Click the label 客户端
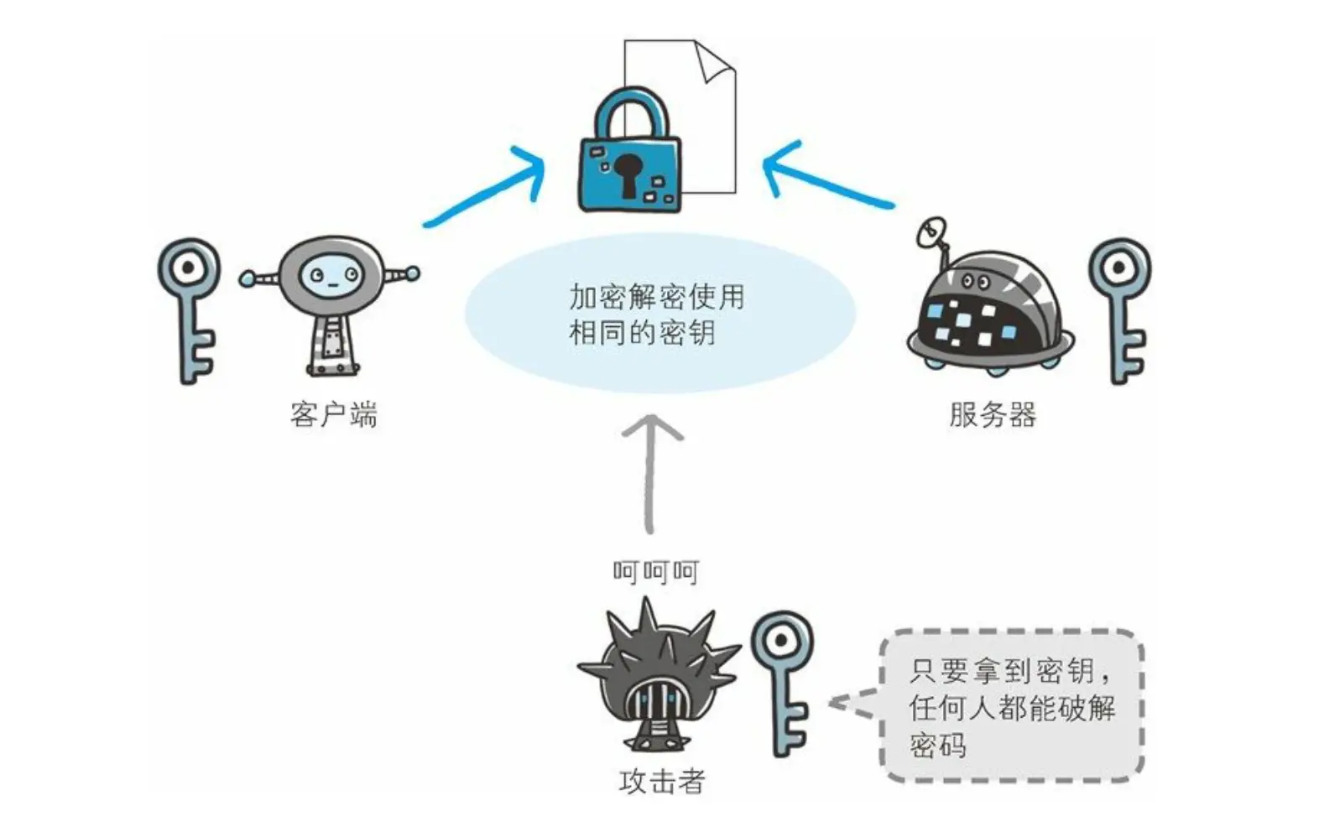pos(334,414)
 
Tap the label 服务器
pos(993,414)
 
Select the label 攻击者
pos(662,782)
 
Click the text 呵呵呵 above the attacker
pos(655,572)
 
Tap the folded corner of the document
pos(714,60)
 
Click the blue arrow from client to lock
pos(487,189)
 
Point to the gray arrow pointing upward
pos(651,474)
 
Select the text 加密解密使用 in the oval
pos(657,297)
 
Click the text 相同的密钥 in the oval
pos(642,333)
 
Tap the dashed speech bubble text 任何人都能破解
pos(1012,708)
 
